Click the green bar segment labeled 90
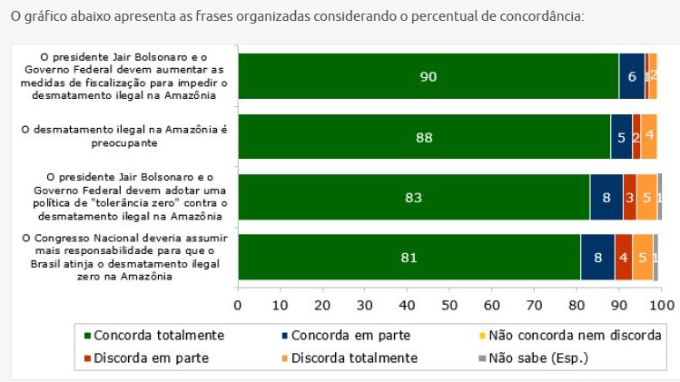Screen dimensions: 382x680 click(x=428, y=76)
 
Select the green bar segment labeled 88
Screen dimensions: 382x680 click(x=423, y=138)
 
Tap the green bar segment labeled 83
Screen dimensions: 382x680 click(x=413, y=196)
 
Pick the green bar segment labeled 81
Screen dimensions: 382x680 click(x=409, y=258)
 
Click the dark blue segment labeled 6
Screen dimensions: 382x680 click(x=631, y=76)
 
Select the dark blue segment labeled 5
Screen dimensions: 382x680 click(x=621, y=138)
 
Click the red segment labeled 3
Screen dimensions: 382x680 click(x=629, y=196)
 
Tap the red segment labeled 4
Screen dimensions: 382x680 click(x=623, y=258)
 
